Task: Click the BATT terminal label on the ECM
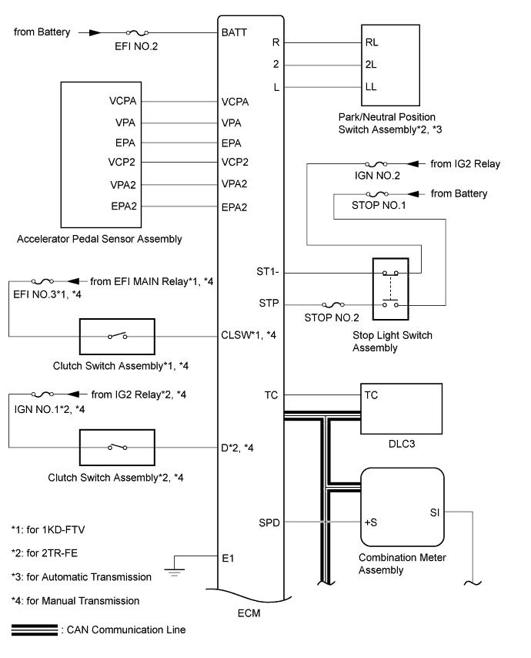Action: [233, 34]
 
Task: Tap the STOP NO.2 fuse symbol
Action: [335, 305]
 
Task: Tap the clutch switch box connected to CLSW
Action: [117, 335]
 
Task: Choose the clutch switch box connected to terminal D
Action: [117, 446]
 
